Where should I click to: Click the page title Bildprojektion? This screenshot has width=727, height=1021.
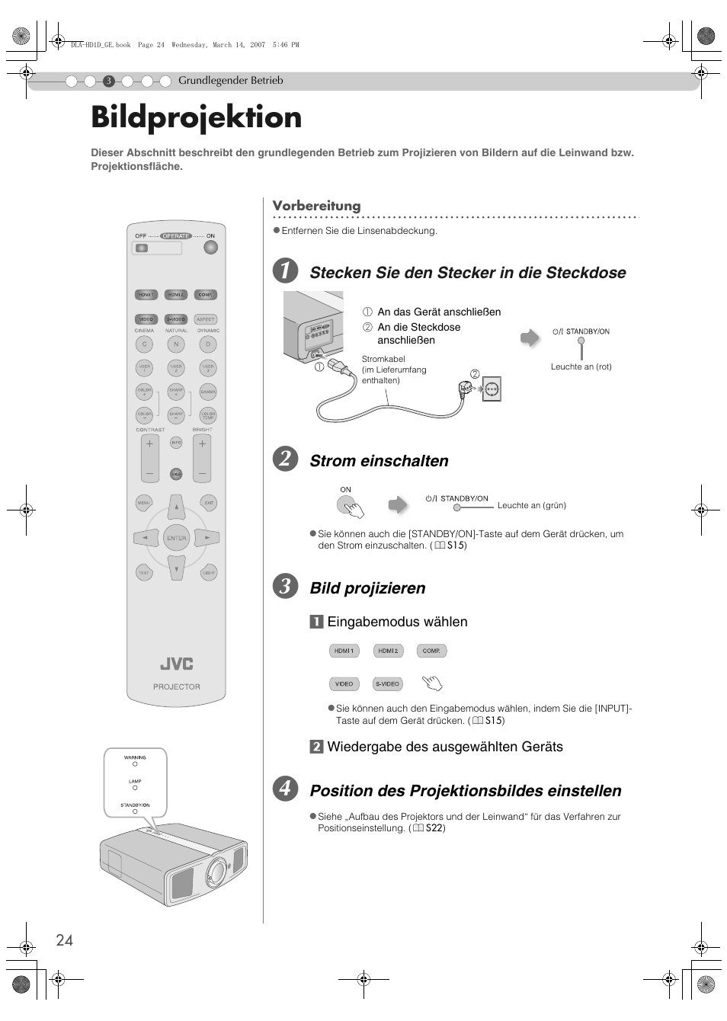click(x=196, y=118)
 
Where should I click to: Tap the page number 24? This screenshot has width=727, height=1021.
click(x=64, y=940)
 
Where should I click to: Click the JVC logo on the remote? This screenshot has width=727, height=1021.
click(x=176, y=664)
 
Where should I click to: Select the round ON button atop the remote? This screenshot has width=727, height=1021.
click(x=211, y=248)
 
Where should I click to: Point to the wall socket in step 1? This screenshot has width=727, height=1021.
click(x=492, y=389)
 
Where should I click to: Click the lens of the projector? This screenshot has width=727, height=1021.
click(x=217, y=870)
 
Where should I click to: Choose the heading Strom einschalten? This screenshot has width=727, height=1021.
click(x=379, y=461)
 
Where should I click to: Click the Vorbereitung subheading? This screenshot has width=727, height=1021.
click(x=316, y=206)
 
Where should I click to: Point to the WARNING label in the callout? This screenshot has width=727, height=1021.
click(x=135, y=757)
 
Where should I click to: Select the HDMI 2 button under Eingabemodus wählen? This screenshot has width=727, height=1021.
click(x=388, y=651)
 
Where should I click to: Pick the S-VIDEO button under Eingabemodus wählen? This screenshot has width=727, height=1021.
click(x=388, y=683)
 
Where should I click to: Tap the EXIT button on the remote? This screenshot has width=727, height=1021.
click(x=208, y=503)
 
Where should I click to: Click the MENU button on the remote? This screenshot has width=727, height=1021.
click(x=143, y=503)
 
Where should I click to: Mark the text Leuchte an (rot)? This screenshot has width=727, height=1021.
click(x=581, y=366)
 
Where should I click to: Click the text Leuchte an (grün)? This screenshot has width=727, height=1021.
click(x=531, y=505)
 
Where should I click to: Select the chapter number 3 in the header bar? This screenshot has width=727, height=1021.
click(x=109, y=82)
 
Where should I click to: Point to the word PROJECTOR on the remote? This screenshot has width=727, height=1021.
click(x=176, y=687)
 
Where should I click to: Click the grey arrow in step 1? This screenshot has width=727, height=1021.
click(x=529, y=338)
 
